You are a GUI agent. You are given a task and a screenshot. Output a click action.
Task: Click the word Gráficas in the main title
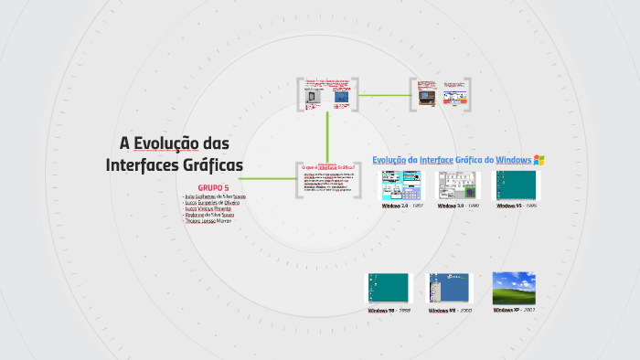coord(211,165)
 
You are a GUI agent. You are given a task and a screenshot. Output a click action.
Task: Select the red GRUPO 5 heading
coord(213,187)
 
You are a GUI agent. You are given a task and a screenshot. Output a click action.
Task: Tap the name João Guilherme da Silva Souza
coord(215,196)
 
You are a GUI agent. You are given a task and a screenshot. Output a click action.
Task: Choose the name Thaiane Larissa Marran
coord(214,221)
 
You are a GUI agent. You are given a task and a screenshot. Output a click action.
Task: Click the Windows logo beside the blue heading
coord(539,160)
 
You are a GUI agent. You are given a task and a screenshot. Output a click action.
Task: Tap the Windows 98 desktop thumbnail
coord(389,289)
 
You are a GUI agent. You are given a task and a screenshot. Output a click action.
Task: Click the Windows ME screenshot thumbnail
coord(450,289)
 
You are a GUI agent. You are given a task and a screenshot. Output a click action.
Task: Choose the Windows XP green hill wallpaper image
coord(513,288)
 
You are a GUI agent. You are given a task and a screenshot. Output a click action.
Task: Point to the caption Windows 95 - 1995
coord(517,206)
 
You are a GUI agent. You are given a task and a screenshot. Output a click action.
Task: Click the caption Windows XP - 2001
coord(513,311)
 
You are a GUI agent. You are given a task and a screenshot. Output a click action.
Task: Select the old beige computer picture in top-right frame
coord(425,96)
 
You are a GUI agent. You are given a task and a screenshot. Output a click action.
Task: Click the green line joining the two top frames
coord(384,94)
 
